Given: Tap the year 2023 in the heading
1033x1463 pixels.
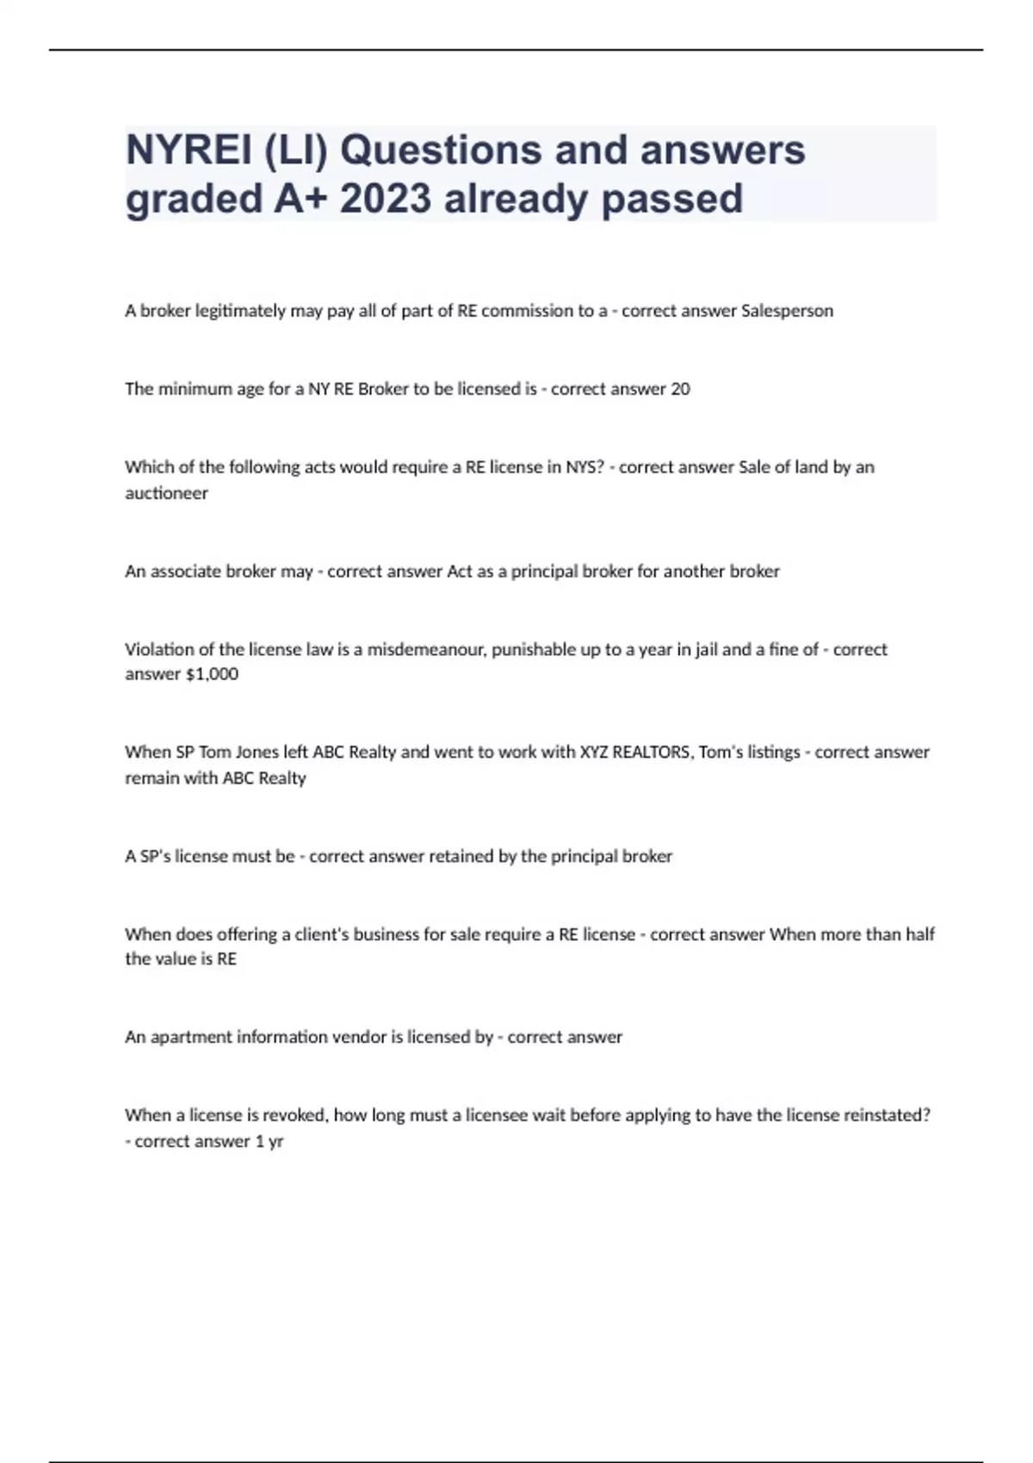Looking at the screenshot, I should tap(385, 199).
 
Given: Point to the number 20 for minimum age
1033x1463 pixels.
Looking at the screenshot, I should tap(680, 389).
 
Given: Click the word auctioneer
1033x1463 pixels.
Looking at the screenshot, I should tap(166, 493).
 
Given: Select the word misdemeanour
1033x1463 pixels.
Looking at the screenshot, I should tap(427, 649).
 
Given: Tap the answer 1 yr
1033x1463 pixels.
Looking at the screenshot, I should tap(269, 1141).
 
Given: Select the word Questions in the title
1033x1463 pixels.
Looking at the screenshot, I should tap(443, 151).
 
